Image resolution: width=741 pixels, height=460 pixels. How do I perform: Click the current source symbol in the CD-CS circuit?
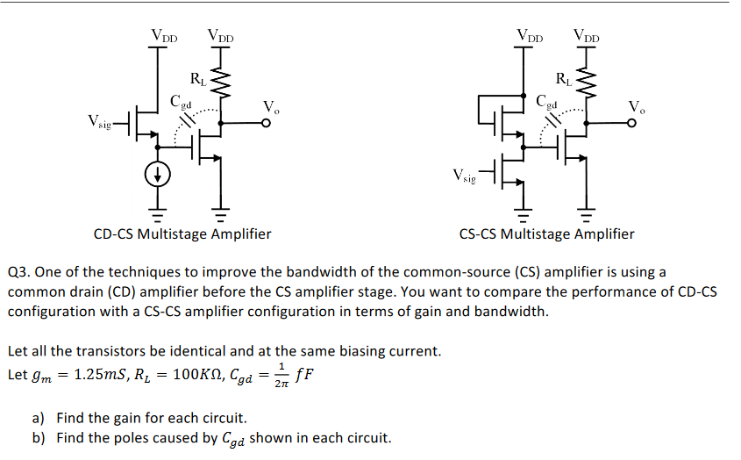click(x=159, y=176)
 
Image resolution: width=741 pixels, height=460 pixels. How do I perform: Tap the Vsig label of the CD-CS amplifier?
click(x=99, y=120)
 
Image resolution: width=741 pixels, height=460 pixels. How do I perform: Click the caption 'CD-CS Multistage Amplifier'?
click(x=182, y=234)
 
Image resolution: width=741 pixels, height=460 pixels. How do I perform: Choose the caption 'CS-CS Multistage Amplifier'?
click(x=546, y=234)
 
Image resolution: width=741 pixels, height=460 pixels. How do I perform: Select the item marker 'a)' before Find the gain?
click(x=40, y=418)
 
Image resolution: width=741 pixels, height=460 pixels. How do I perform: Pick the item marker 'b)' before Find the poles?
click(x=40, y=438)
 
